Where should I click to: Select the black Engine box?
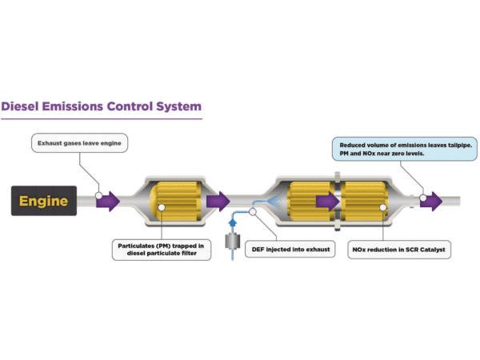(45, 200)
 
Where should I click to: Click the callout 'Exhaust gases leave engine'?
(81, 144)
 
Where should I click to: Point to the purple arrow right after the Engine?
(108, 200)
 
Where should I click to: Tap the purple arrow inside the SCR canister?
(326, 200)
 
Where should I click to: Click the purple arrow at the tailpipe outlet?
(431, 200)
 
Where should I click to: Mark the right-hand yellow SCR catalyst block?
(365, 200)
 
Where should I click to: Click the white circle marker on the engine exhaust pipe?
(98, 194)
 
